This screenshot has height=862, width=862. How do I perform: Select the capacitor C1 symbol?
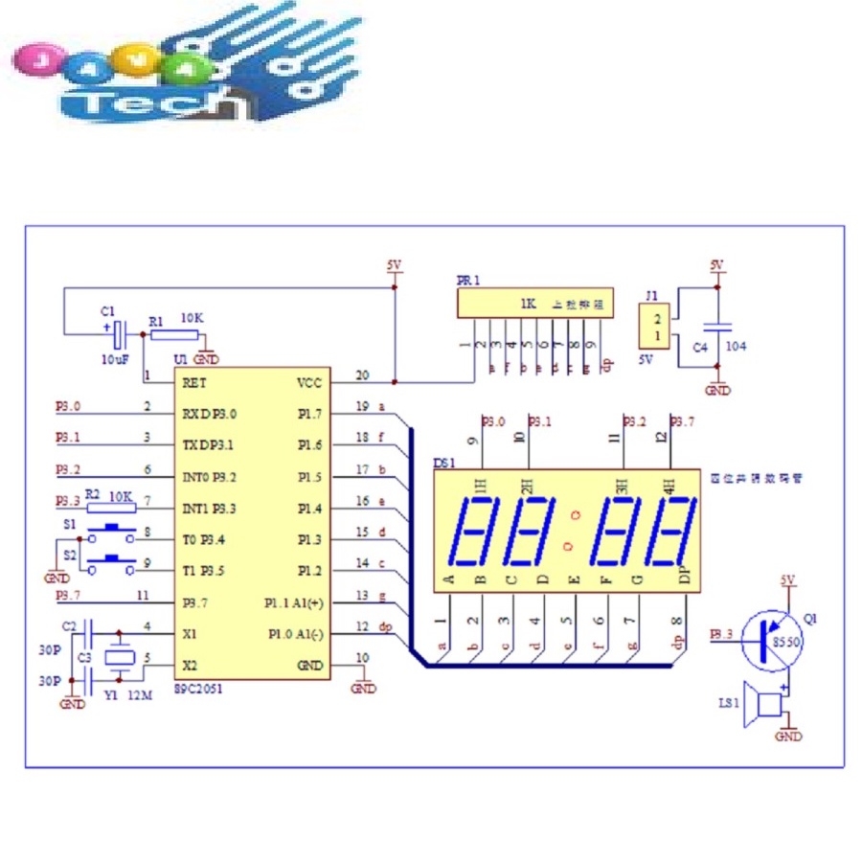coord(120,334)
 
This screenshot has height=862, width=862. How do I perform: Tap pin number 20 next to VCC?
coord(361,375)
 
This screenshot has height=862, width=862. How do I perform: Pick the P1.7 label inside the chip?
coord(310,414)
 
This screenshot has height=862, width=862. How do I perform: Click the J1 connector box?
coord(657,327)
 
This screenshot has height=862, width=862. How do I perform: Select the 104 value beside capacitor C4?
coord(737,346)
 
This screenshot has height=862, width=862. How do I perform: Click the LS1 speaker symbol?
coord(767,706)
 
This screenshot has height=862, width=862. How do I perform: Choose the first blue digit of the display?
coord(476,532)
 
